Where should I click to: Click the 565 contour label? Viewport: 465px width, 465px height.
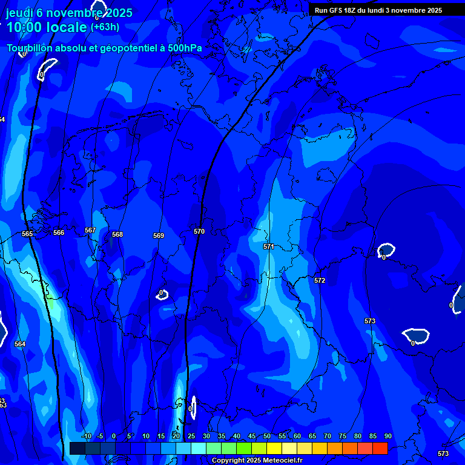point(27,234)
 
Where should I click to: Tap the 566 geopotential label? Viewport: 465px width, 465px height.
point(59,232)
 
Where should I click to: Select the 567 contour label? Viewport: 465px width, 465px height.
point(90,230)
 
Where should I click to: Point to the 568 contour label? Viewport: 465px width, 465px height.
point(117,234)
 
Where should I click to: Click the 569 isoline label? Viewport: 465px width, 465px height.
point(159,236)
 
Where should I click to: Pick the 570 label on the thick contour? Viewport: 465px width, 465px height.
point(199,231)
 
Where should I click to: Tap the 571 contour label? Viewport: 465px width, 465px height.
point(269,246)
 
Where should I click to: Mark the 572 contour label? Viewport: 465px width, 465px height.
point(320,280)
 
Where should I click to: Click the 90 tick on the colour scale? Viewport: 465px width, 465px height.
point(387,436)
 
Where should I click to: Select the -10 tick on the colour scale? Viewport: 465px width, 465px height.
point(86,436)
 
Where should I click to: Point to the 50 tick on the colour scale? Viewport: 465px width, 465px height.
point(267,436)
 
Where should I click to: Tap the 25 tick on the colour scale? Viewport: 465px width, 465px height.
point(191,436)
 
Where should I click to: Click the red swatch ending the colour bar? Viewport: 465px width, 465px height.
point(380,448)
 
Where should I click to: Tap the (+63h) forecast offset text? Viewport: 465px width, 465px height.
point(105,27)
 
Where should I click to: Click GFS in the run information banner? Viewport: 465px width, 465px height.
point(338,10)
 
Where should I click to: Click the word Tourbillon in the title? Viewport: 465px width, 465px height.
point(28,48)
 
